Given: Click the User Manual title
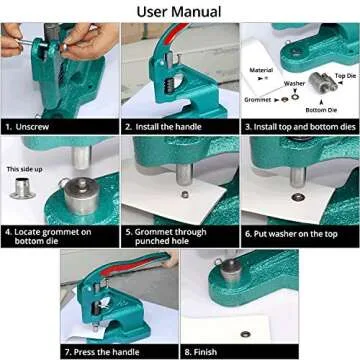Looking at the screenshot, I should (180, 11).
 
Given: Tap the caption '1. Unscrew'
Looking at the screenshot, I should (32, 127).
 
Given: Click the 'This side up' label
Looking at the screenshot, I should (25, 171).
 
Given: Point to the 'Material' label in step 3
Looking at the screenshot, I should (261, 71).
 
